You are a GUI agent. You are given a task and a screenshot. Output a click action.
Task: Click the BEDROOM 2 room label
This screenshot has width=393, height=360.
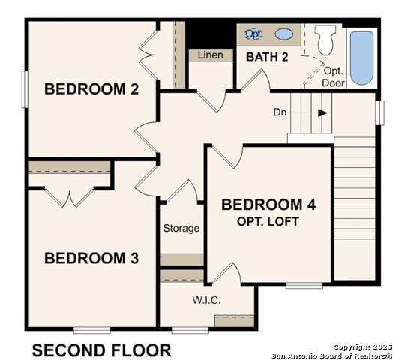click(91, 88)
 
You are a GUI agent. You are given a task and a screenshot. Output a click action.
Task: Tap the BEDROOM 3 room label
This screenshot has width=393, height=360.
click(91, 258)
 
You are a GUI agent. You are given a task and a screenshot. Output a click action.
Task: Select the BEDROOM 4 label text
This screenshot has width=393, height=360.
click(268, 205)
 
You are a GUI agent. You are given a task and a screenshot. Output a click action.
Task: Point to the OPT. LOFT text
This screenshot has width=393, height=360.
click(268, 221)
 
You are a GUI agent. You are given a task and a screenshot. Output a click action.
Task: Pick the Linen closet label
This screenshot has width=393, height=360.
click(211, 55)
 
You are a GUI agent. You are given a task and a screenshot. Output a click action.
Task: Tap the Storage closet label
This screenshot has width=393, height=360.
click(181, 228)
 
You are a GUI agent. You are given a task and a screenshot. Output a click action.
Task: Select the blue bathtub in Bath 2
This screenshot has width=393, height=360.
click(361, 57)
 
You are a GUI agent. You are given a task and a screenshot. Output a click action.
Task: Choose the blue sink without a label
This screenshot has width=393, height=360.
click(284, 34)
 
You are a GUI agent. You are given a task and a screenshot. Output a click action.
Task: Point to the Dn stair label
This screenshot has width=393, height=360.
click(280, 112)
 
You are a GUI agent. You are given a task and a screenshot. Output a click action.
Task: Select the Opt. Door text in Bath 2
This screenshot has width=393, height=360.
click(334, 76)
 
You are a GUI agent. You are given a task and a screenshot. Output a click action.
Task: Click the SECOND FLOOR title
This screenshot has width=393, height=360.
click(101, 349)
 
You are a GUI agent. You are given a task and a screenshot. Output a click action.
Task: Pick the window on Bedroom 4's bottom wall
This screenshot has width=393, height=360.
click(304, 285)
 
